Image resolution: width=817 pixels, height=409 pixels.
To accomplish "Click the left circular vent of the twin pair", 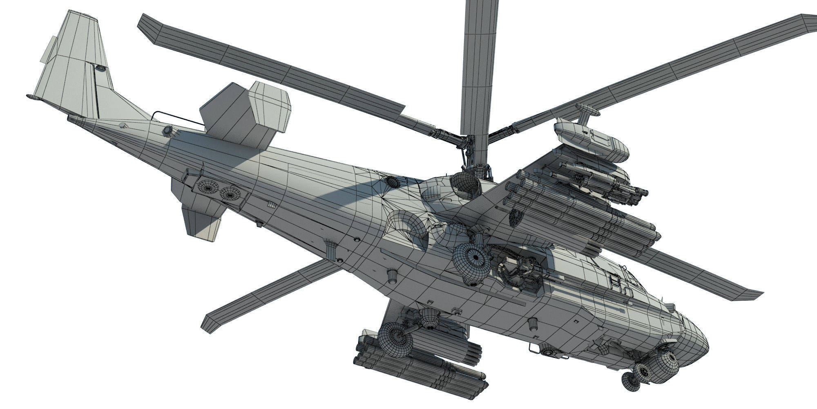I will tap(208, 187).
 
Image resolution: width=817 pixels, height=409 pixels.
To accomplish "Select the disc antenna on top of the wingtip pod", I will tap(587, 109).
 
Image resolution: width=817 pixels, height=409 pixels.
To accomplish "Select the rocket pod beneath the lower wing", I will tap(421, 368).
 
